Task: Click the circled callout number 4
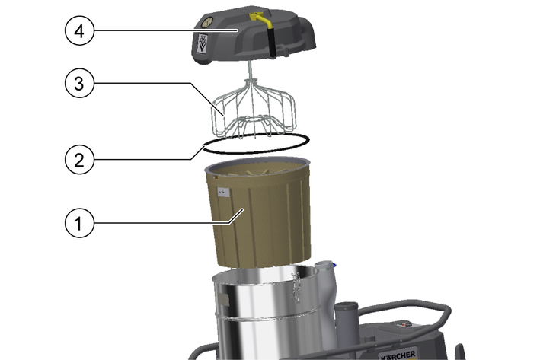tap(79, 31)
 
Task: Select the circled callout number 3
tap(79, 83)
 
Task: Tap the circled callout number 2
tap(79, 160)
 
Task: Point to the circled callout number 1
tap(79, 223)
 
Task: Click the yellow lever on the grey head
tap(261, 19)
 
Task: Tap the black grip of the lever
tap(272, 42)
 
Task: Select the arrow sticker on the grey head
tap(203, 43)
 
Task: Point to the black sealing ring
tap(256, 151)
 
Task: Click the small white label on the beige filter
tap(223, 193)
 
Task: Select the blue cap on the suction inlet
tap(334, 266)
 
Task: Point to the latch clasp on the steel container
tap(296, 288)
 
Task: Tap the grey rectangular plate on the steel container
tap(223, 300)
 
